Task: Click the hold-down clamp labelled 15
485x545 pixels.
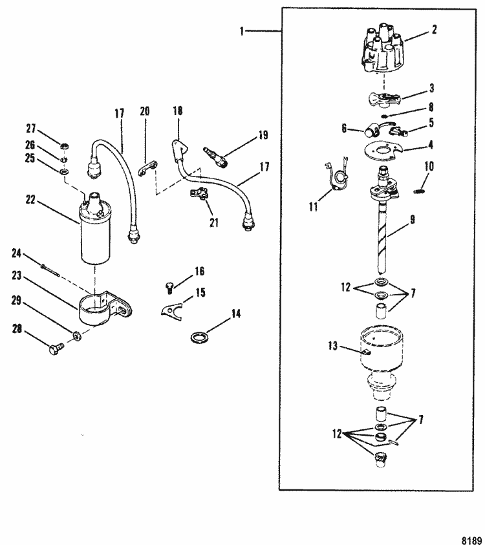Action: tap(173, 310)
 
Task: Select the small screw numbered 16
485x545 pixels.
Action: tap(169, 288)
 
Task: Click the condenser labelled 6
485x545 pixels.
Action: tap(371, 131)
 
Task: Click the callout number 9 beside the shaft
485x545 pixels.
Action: tap(413, 220)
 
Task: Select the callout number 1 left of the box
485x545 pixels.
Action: tap(242, 31)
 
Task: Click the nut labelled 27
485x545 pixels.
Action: tap(63, 147)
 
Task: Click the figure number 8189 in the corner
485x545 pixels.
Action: tap(471, 540)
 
